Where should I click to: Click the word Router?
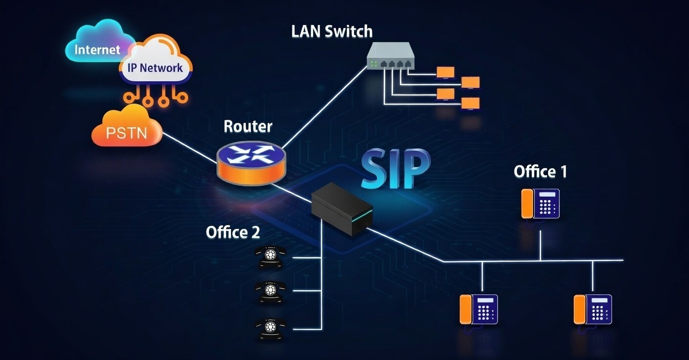click(x=248, y=126)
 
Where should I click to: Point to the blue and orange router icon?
click(x=251, y=162)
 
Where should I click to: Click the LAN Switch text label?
click(x=331, y=31)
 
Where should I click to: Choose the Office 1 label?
click(x=540, y=172)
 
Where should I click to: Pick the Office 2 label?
click(x=233, y=232)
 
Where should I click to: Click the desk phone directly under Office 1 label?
click(x=541, y=203)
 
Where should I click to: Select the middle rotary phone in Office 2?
click(x=270, y=291)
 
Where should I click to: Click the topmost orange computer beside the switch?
click(x=445, y=72)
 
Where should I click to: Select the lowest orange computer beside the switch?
click(x=470, y=103)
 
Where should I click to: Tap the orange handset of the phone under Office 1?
click(x=527, y=203)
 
